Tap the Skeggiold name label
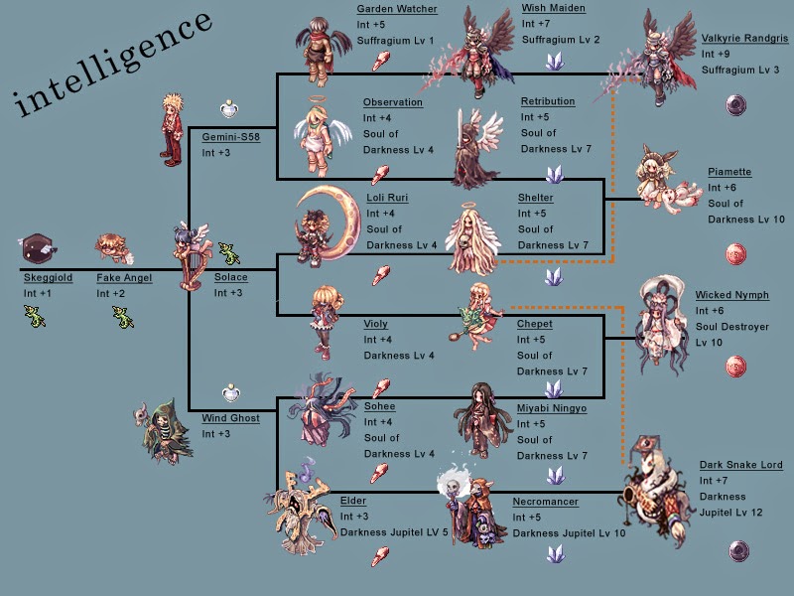click(x=48, y=278)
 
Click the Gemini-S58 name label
click(x=230, y=137)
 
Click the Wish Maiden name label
click(x=553, y=9)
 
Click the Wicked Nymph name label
click(x=732, y=295)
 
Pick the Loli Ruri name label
click(x=386, y=198)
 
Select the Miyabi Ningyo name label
click(x=551, y=408)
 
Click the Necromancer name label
click(x=545, y=502)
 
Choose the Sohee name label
click(x=379, y=406)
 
